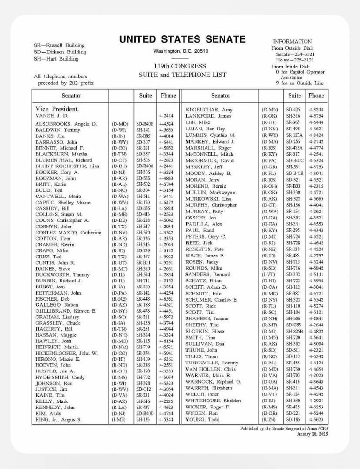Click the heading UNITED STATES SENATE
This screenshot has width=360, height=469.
pos(182,39)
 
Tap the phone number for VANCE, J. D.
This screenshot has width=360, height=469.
pos(166,115)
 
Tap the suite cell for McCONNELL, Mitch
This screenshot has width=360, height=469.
pos(294,154)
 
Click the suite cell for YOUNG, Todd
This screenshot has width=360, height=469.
pos(294,419)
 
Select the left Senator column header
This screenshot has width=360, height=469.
pos(70,96)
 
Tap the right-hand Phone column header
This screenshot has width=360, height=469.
pos(316,96)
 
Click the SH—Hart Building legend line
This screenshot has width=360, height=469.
pos(56,59)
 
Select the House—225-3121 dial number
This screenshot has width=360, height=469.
pos(295,60)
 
